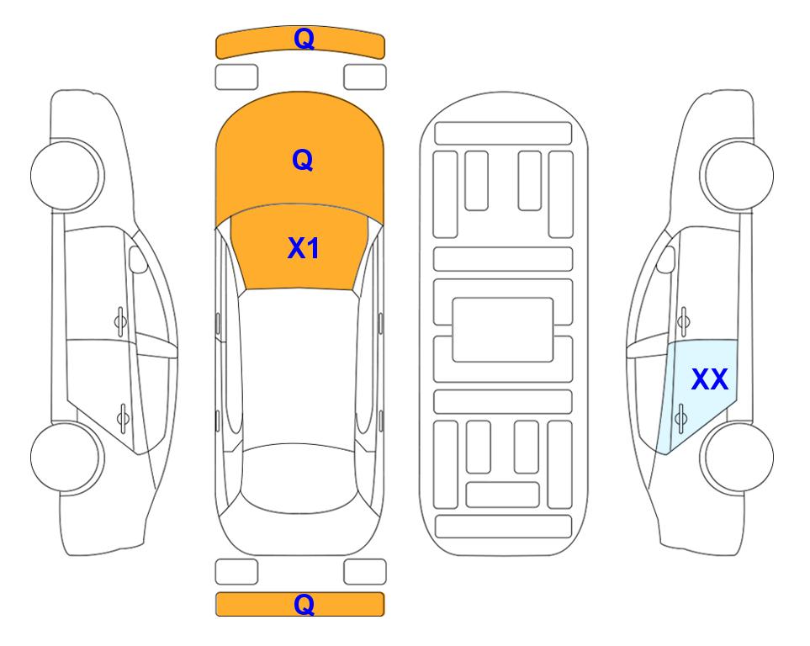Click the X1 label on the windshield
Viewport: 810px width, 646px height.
pos(303,248)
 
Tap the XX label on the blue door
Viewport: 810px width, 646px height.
pos(709,379)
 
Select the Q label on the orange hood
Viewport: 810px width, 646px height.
pos(303,160)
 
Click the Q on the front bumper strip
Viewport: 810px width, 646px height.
pos(304,38)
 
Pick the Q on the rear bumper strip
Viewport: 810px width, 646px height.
pos(304,604)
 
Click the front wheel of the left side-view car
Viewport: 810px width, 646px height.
pos(66,175)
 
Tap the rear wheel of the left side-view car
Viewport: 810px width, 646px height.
pos(66,457)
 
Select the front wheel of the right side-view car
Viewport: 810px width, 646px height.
pos(739,175)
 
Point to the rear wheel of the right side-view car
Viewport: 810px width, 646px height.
pos(739,457)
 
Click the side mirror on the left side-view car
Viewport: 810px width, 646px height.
pos(138,259)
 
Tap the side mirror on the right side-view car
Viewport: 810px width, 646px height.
pos(666,259)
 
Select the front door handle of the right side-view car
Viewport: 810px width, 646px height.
pos(684,321)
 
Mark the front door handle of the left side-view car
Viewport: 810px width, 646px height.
pos(120,321)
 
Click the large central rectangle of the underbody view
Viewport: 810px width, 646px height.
pos(503,330)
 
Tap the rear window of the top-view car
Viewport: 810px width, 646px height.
pos(303,479)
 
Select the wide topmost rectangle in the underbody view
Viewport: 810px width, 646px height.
pos(503,134)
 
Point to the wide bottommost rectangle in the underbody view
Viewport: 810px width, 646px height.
pos(503,526)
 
